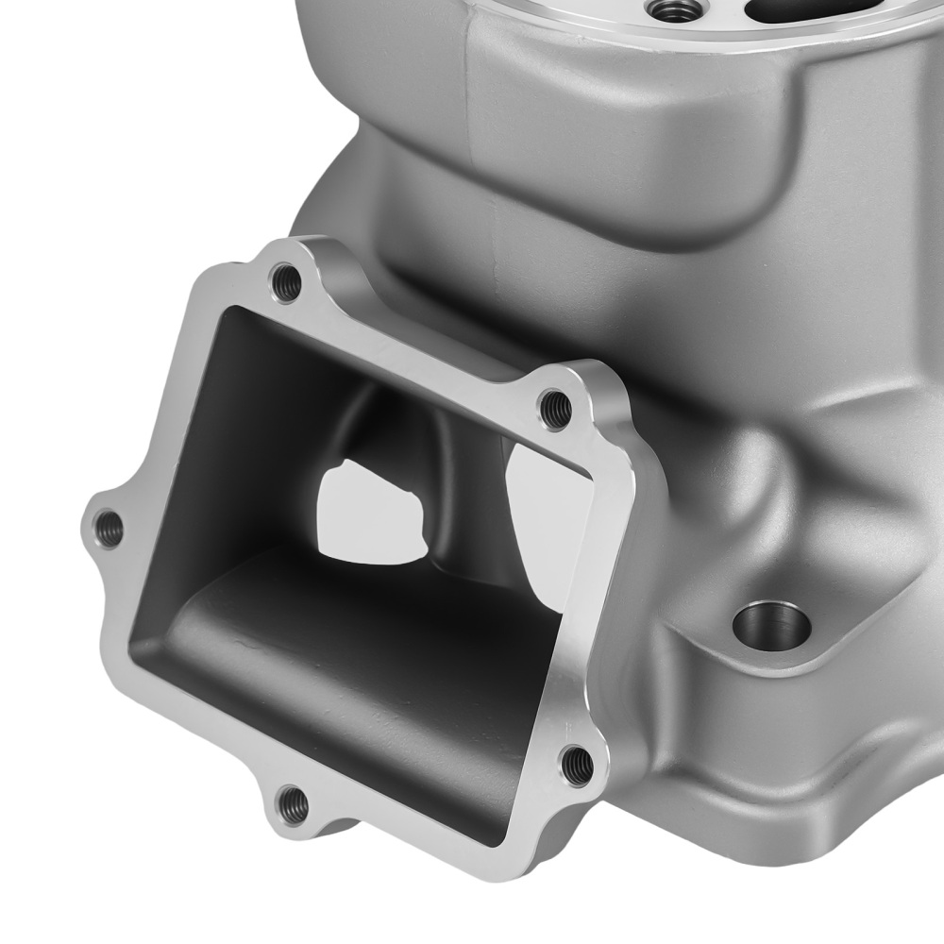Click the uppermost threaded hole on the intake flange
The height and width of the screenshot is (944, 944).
[285, 280]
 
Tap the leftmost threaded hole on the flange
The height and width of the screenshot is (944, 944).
[109, 528]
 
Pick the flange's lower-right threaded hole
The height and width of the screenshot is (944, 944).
[577, 764]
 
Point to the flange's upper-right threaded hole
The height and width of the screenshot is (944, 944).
[555, 408]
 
